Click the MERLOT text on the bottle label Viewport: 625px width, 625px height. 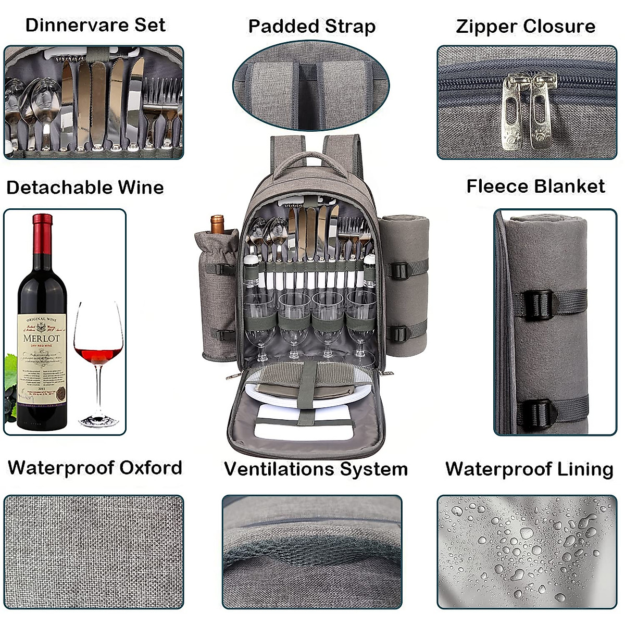pos(42,338)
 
